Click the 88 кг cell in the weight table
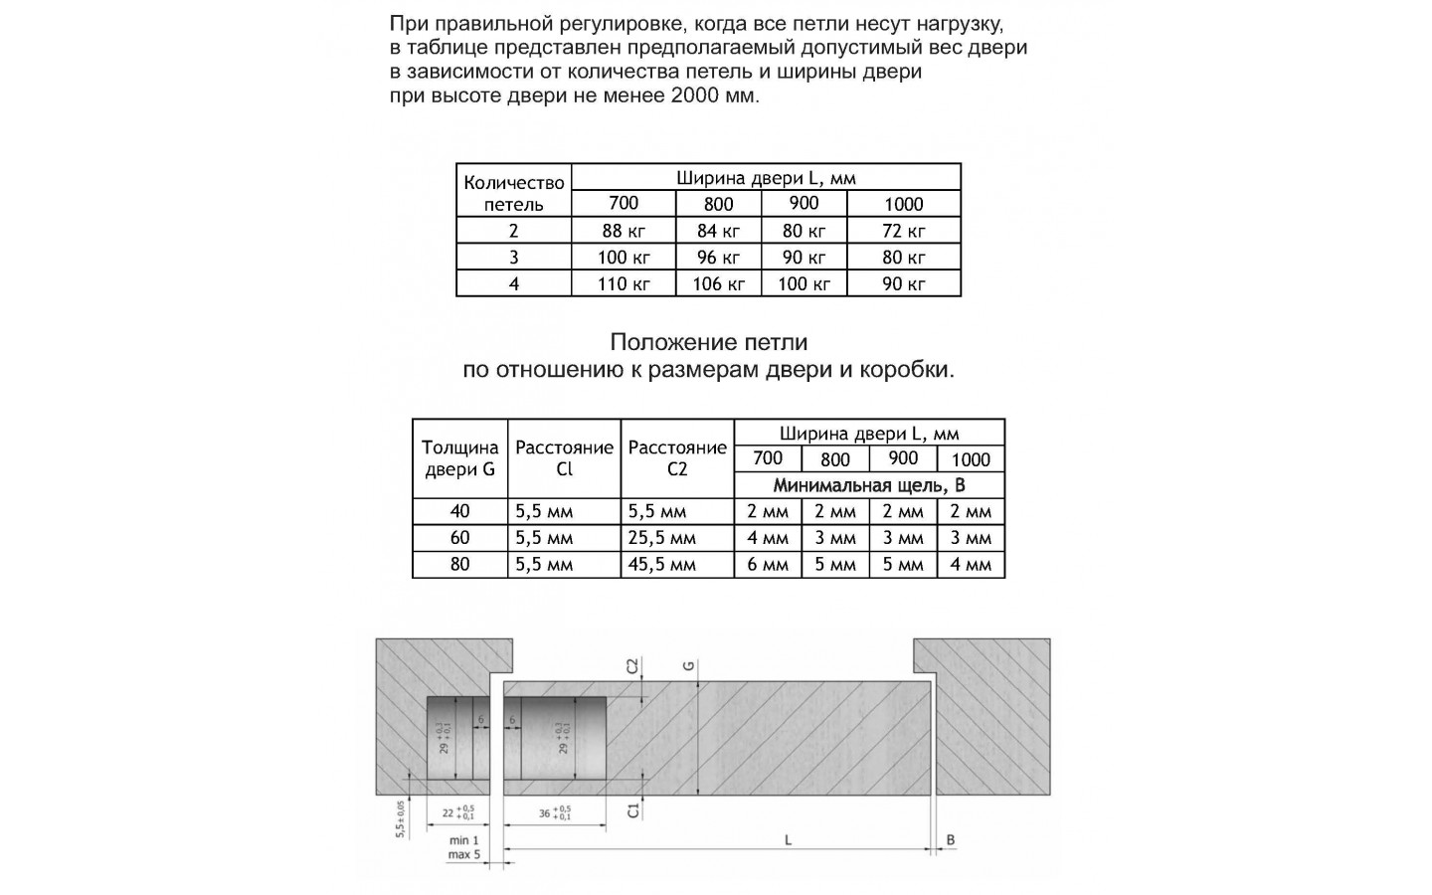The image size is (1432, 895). coord(624,231)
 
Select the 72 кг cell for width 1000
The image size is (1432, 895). coord(903,231)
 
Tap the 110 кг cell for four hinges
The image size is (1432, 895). coord(624,283)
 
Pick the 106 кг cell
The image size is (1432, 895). coord(718,283)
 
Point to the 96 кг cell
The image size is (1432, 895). coord(718,258)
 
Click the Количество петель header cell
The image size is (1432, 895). coord(513,193)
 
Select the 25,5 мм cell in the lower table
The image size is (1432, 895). coord(662,538)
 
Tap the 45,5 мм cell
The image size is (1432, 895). coord(662,565)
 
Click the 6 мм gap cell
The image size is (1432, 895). coord(768,565)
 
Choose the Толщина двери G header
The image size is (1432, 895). coord(459,458)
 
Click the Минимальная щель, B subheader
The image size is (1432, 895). coord(869,485)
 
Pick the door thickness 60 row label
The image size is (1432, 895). coord(459,538)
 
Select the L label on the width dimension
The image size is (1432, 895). coord(788,840)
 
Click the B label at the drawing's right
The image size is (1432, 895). coord(951,840)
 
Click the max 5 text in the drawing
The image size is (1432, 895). coord(463,854)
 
